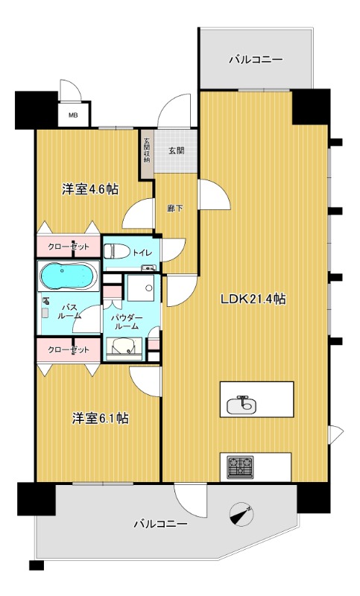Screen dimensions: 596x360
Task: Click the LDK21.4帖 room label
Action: point(253,299)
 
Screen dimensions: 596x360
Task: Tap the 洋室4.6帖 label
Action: point(89,189)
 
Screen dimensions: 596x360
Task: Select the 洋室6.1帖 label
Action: point(101,418)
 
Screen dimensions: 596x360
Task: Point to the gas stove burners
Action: point(241,466)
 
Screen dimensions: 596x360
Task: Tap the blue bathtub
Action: point(66,278)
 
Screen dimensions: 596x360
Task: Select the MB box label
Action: point(73,115)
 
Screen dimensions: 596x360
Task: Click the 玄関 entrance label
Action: point(177,151)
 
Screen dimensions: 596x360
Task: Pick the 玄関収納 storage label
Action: point(147,150)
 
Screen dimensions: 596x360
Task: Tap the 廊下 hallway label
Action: point(174,208)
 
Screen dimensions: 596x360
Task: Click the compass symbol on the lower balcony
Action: point(242,513)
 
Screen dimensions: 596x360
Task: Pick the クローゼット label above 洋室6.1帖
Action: point(69,349)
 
